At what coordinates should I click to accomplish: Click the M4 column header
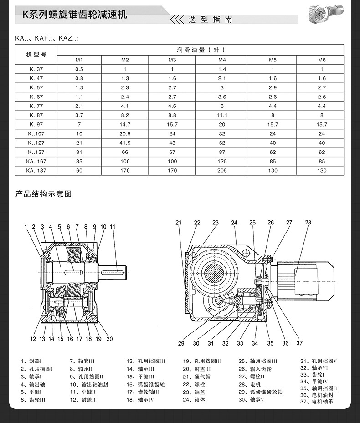click(x=222, y=60)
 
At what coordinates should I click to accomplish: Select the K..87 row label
click(x=36, y=115)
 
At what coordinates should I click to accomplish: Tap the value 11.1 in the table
click(x=222, y=115)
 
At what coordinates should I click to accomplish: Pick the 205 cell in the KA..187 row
click(x=222, y=171)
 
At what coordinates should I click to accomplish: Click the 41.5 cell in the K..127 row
click(x=125, y=143)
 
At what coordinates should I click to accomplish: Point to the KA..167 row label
click(x=36, y=161)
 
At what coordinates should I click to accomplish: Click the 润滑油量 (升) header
click(x=201, y=50)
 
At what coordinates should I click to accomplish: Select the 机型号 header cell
click(x=36, y=55)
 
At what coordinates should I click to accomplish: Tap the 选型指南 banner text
click(x=210, y=20)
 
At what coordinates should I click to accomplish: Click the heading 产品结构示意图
click(x=43, y=194)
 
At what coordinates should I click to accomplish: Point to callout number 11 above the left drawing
click(x=113, y=226)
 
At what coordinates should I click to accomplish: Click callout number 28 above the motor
click(x=308, y=223)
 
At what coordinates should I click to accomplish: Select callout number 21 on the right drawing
click(x=179, y=223)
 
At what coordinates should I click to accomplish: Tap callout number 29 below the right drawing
click(x=181, y=343)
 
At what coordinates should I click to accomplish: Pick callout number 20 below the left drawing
click(x=109, y=339)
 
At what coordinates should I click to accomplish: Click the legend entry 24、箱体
click(x=194, y=400)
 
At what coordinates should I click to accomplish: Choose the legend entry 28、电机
click(x=249, y=384)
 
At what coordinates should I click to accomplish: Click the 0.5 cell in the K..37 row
click(x=79, y=69)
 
